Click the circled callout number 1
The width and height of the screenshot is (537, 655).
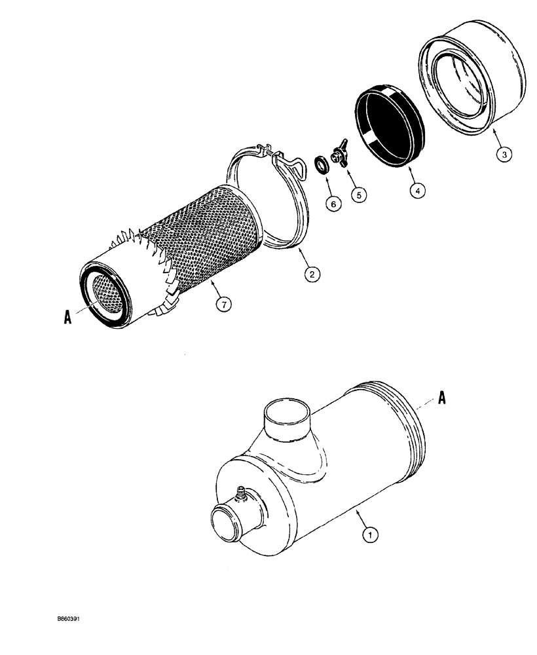[x=371, y=536]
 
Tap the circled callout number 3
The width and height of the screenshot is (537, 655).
[x=502, y=155]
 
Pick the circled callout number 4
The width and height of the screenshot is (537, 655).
[x=417, y=190]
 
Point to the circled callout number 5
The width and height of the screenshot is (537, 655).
[x=358, y=194]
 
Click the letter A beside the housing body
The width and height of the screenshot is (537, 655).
[x=442, y=398]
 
